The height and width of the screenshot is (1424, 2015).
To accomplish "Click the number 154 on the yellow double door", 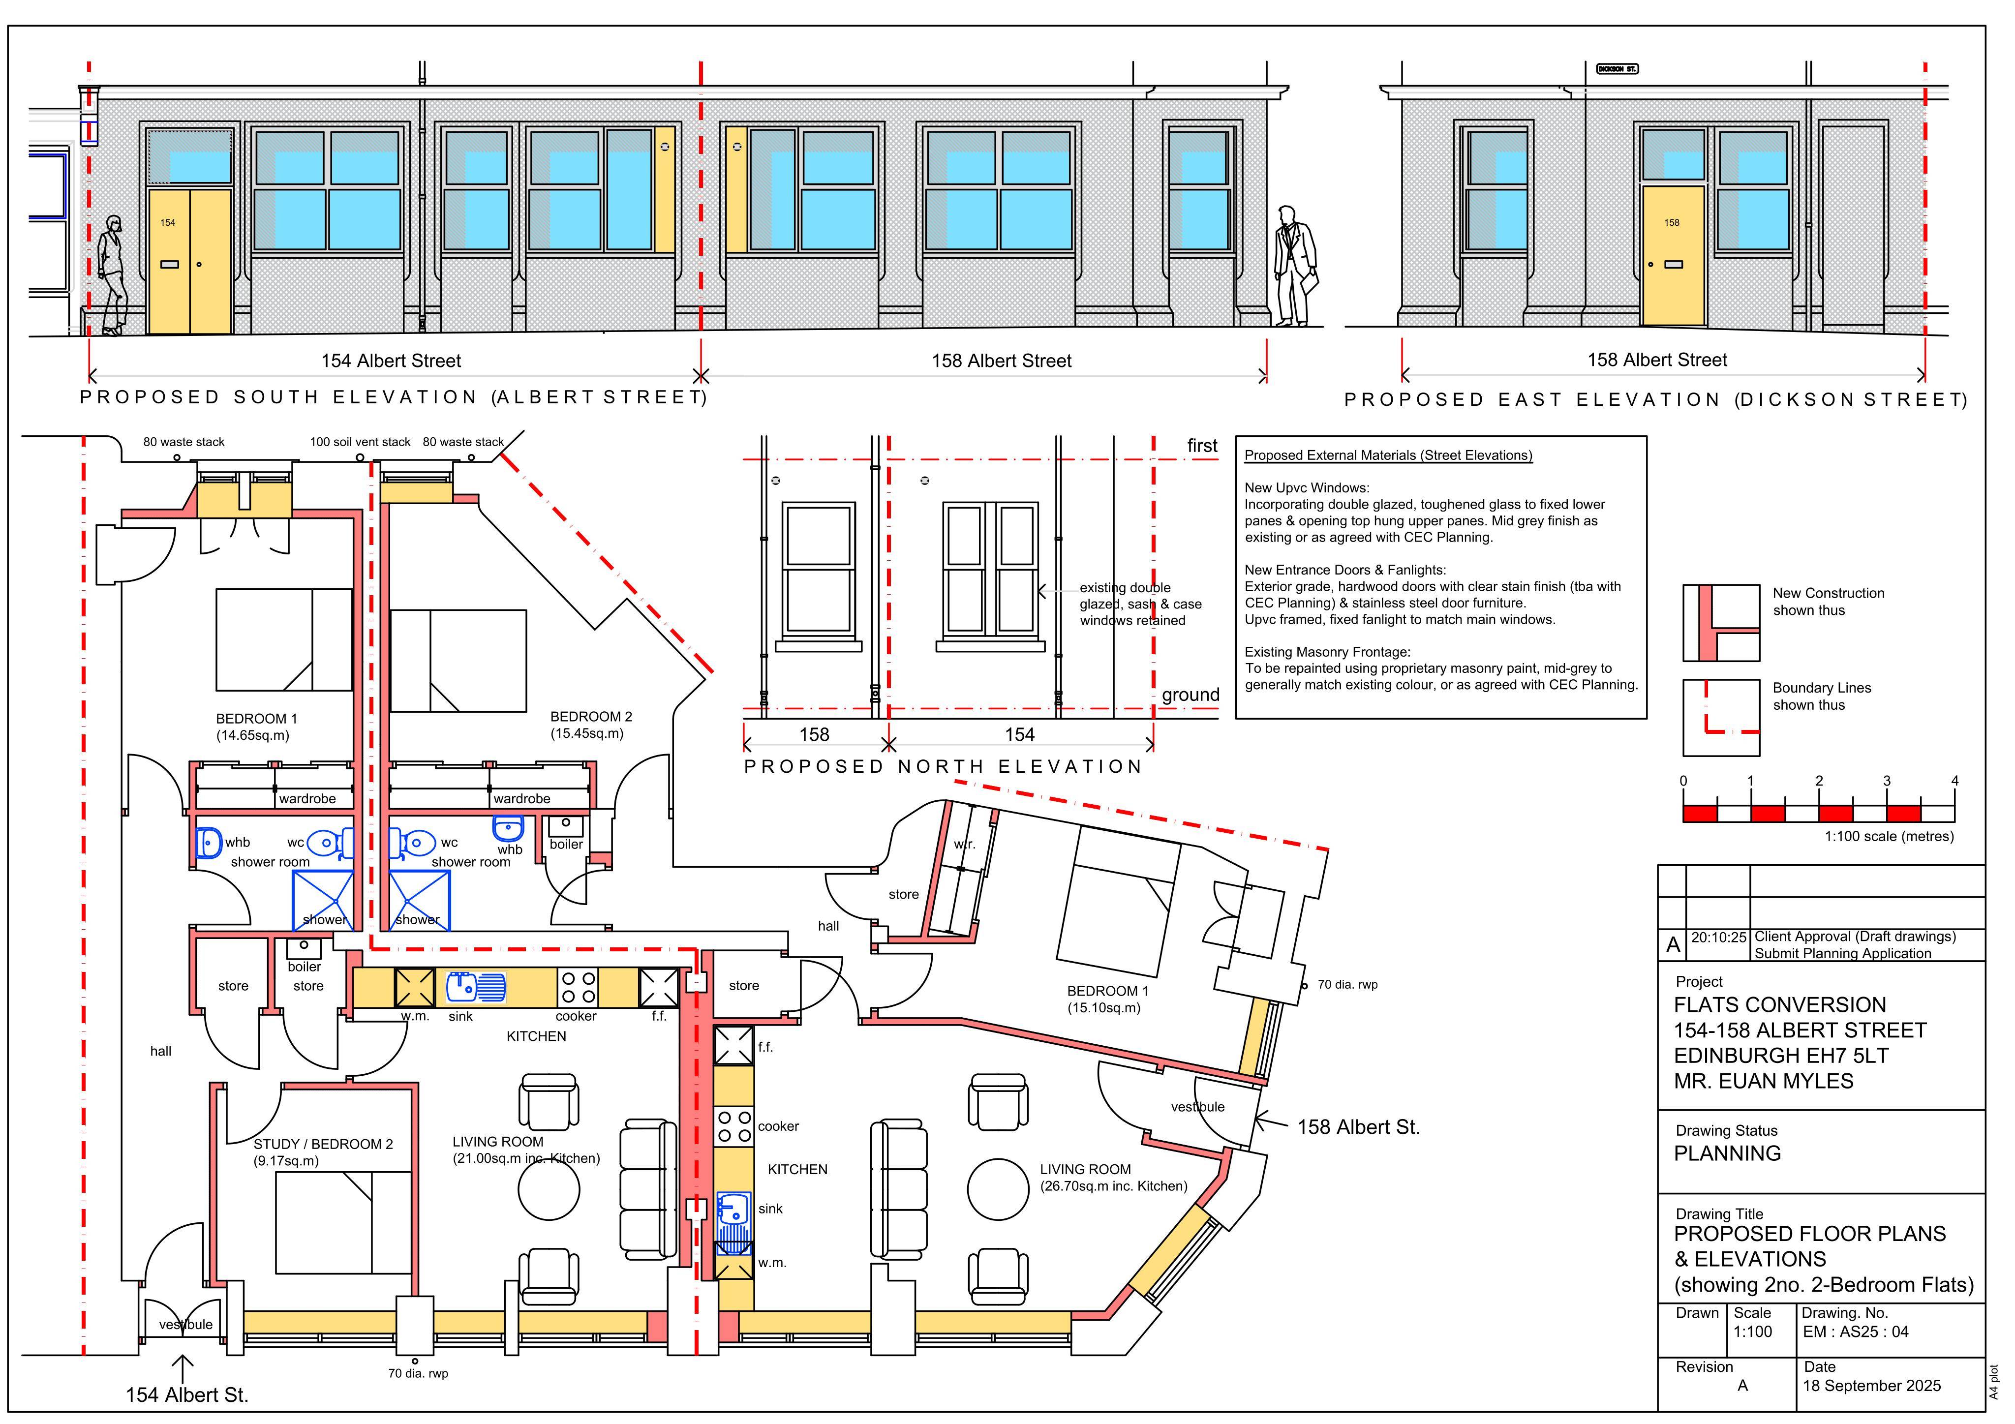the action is (x=168, y=223).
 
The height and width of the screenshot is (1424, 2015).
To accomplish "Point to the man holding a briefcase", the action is (x=1294, y=266).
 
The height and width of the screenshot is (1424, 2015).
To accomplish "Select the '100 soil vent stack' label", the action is (x=360, y=442).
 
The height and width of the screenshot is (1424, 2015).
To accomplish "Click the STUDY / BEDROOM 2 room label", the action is (x=323, y=1144).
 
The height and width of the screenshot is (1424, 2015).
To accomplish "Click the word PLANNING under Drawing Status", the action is (x=1727, y=1154).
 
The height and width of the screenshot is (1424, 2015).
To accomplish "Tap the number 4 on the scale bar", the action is (x=1954, y=781).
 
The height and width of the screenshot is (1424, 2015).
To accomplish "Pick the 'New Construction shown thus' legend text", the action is (x=1828, y=602).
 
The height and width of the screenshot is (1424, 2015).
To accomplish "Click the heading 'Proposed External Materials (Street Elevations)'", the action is (x=1388, y=455).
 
